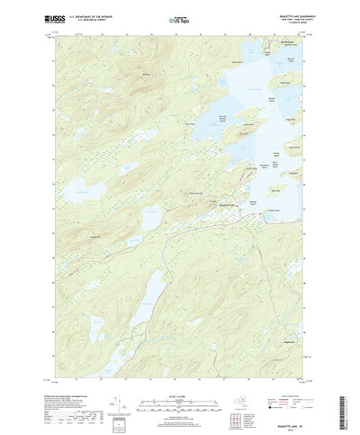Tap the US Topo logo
click(179, 17)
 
